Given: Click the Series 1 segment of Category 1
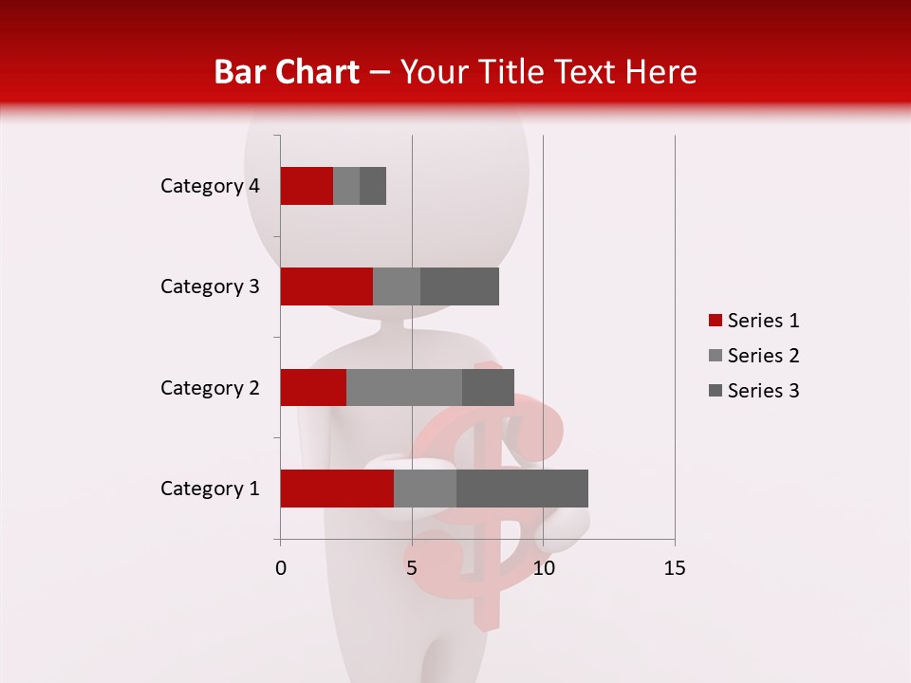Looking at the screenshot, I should [x=337, y=489].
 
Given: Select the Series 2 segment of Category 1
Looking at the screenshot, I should [x=425, y=489].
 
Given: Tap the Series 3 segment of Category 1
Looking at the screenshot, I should [x=522, y=489].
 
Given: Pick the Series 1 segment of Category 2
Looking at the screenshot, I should [x=313, y=387].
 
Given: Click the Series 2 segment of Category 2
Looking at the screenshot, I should [x=404, y=387].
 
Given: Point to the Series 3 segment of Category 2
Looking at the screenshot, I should [x=488, y=387].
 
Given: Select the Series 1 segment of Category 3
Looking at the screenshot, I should [x=326, y=286].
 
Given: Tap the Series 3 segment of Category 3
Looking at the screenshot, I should [x=459, y=286].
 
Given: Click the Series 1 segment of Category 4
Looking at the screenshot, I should [x=307, y=186].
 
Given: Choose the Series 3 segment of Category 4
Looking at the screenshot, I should [x=373, y=186].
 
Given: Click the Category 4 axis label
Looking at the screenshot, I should [x=210, y=186].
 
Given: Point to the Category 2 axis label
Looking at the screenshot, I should [x=210, y=387].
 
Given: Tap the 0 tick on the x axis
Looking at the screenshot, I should [x=281, y=568].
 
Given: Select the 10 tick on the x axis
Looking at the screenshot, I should [x=543, y=568].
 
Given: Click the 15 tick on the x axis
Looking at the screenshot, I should [x=674, y=568].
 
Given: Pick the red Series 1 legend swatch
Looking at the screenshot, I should [x=715, y=321].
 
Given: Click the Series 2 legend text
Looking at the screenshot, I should [x=763, y=356].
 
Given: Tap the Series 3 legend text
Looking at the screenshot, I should [x=763, y=391].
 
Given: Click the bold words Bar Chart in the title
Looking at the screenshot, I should [x=287, y=71].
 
